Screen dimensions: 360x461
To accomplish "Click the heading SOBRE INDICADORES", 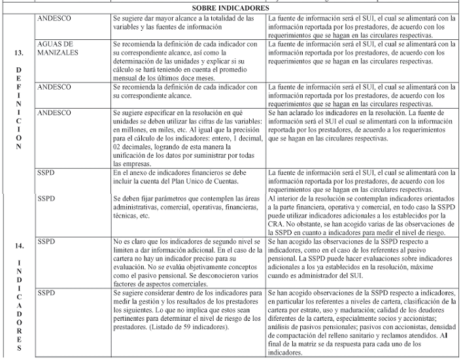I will point(231,8).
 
